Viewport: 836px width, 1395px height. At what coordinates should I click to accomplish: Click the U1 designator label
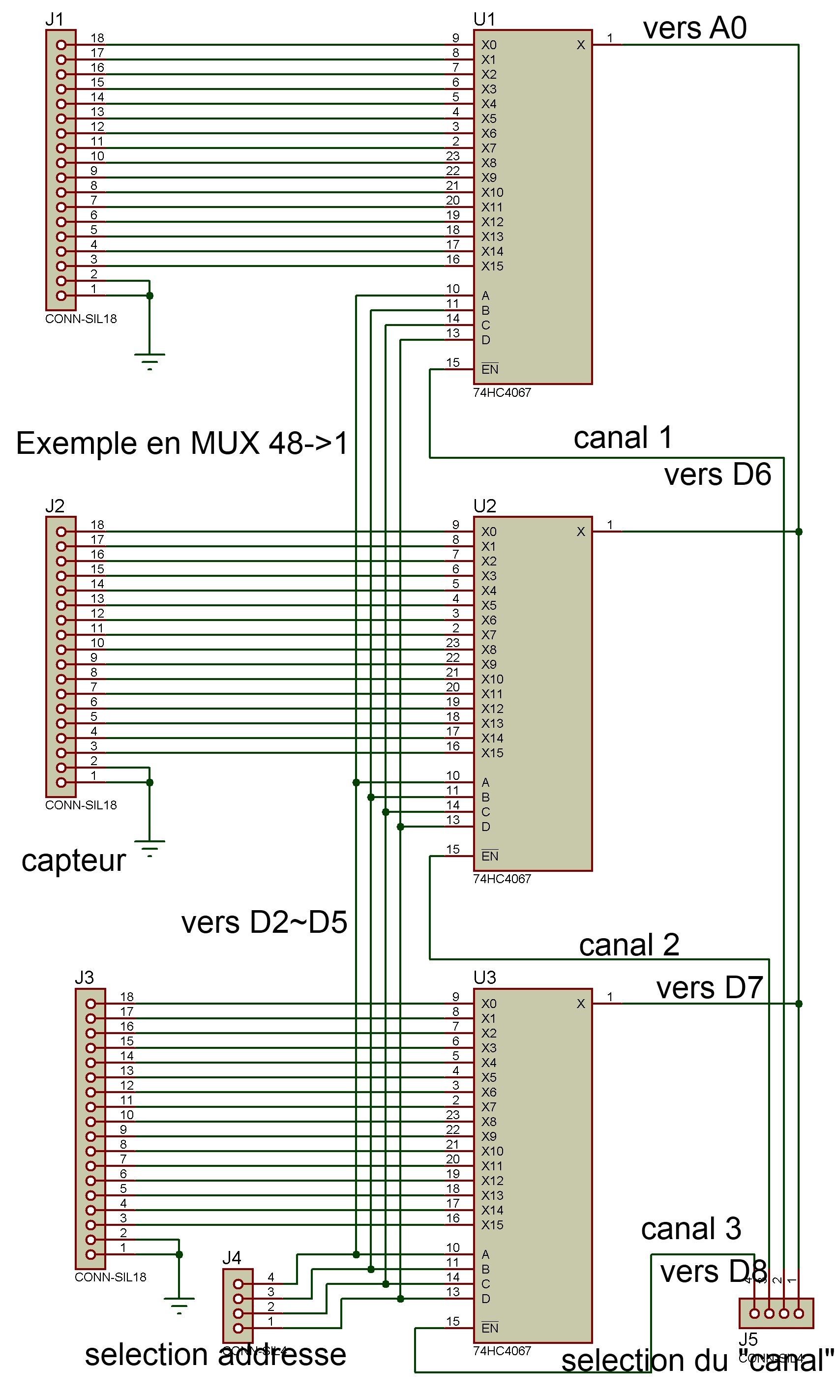(484, 19)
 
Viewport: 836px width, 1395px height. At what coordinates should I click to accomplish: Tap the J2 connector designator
(55, 506)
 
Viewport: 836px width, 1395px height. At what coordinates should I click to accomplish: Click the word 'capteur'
(73, 861)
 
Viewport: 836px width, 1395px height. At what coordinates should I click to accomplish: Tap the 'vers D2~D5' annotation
(264, 922)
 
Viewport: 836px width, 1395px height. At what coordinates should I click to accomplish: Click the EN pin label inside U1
(489, 369)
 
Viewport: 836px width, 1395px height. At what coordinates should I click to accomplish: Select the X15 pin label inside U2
(492, 753)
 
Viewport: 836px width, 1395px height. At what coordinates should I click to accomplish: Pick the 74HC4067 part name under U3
(502, 1351)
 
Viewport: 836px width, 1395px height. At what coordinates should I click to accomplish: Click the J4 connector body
(238, 1306)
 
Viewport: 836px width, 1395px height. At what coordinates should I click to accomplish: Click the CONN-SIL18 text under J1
(81, 319)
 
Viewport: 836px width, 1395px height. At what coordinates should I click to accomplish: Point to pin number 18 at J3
(127, 997)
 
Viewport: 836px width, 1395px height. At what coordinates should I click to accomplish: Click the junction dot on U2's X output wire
(798, 532)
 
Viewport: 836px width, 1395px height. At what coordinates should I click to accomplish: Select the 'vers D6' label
(717, 475)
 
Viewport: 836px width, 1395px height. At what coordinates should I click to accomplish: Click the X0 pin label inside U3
(488, 1004)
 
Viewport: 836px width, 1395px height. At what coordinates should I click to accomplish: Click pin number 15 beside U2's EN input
(453, 849)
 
